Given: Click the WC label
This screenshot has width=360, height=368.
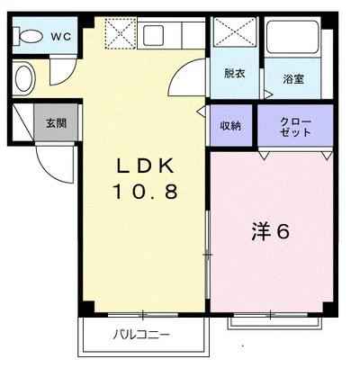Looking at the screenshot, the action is click(x=61, y=37).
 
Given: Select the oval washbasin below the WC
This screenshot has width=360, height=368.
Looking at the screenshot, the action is click(x=23, y=78).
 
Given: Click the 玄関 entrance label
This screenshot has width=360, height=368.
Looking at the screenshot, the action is click(x=57, y=123).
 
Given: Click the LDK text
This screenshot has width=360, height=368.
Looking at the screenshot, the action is click(x=145, y=166).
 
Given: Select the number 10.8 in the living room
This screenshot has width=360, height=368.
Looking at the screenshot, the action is click(x=145, y=192).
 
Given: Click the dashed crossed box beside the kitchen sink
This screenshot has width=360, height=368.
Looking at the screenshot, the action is click(x=121, y=33).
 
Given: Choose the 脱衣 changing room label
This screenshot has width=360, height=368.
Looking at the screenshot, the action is click(x=235, y=74).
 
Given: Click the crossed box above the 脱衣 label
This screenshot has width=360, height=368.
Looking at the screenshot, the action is click(x=235, y=31).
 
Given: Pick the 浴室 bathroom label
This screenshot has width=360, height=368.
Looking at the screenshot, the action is click(x=293, y=79).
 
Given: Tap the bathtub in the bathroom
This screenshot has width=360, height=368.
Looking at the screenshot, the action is click(x=292, y=37).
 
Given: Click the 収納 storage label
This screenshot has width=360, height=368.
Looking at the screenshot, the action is click(x=230, y=126).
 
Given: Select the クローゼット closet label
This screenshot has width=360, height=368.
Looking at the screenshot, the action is click(x=295, y=127).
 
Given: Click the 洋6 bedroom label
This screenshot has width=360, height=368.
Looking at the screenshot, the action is click(x=271, y=231).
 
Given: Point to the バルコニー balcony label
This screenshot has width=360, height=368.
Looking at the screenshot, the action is click(x=141, y=335).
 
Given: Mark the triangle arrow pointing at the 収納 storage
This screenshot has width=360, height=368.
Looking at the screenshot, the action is click(x=202, y=111).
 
